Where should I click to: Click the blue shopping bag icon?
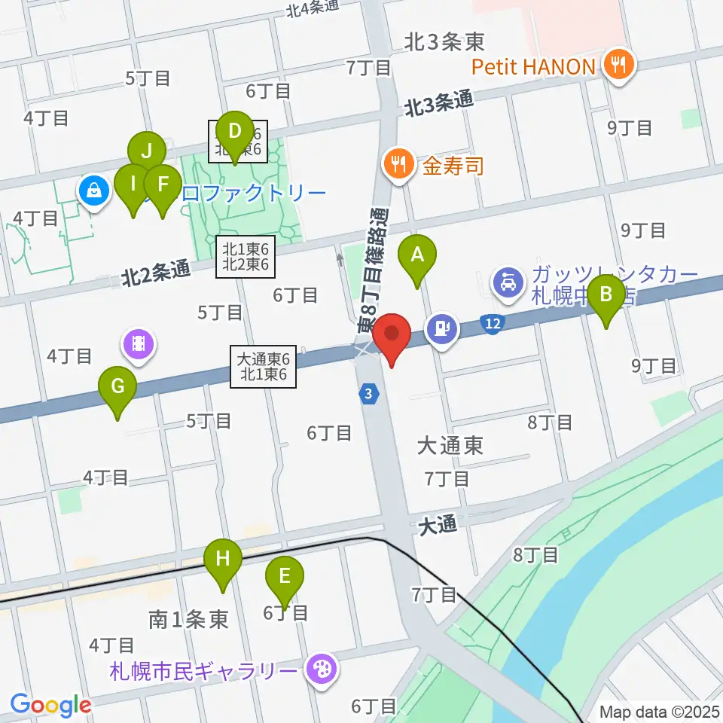93,192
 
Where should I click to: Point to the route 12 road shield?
493,324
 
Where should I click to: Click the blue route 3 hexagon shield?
368,394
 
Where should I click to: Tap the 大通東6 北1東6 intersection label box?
264,367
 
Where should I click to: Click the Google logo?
50,705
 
